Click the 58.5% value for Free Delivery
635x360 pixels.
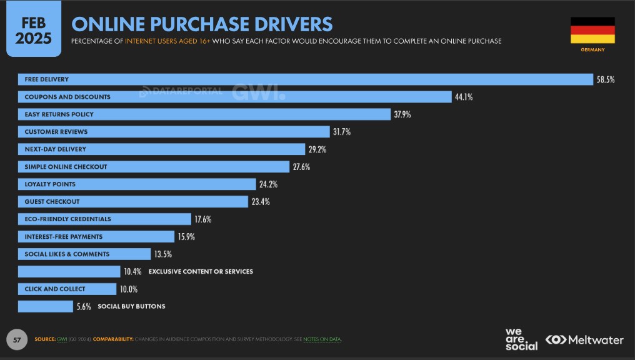pos(606,79)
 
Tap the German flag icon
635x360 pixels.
pos(592,30)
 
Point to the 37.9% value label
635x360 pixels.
pos(402,114)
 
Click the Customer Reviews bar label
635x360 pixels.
pos(56,132)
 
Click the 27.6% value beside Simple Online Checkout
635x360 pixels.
pos(301,167)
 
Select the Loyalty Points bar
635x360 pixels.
pos(137,184)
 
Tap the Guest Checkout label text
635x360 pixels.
pos(52,202)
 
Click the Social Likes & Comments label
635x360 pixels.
pos(67,254)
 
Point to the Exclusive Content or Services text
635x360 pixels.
pos(201,272)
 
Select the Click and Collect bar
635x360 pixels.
pos(67,289)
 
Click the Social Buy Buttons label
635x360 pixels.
pos(131,306)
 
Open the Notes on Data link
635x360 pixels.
pos(322,339)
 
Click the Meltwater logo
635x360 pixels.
pos(584,339)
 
